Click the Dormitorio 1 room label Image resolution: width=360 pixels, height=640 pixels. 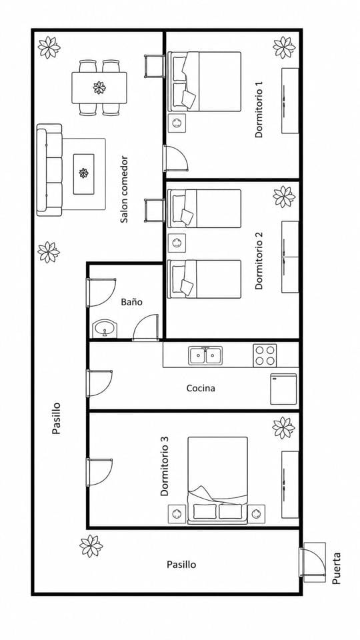[x=259, y=109]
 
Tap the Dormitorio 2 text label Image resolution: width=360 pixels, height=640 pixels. [x=259, y=261]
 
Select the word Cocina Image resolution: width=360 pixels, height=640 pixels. [x=201, y=388]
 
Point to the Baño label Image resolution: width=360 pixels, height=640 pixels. [x=132, y=302]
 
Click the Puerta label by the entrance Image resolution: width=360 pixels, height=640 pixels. [x=336, y=568]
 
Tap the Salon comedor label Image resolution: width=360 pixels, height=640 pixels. [x=124, y=189]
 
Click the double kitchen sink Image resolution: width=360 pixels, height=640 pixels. [x=205, y=355]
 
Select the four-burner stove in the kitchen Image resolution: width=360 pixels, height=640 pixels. [x=265, y=355]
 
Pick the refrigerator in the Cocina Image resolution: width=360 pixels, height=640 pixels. [x=283, y=389]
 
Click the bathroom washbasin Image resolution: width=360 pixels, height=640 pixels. [x=105, y=329]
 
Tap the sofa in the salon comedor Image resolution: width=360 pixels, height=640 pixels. [x=49, y=170]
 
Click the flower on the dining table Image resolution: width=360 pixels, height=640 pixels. [x=99, y=87]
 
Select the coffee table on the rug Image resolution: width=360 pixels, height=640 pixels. [x=84, y=174]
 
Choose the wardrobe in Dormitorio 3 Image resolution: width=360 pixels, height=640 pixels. [x=290, y=485]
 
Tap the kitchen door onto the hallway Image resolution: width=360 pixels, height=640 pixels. [x=99, y=383]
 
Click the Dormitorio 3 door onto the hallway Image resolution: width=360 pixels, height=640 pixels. [x=99, y=472]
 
